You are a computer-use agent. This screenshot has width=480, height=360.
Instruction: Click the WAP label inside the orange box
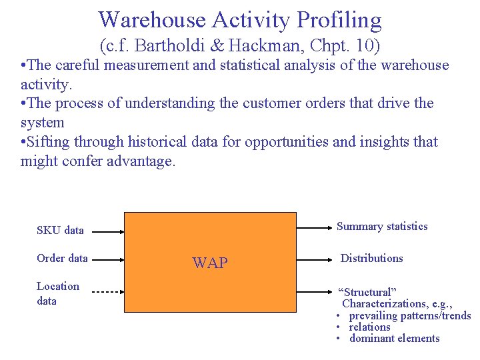[210, 263]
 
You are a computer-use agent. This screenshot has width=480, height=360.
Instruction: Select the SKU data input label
[60, 231]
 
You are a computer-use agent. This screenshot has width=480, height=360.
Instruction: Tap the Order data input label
[62, 259]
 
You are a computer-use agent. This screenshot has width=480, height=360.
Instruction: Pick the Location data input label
[57, 293]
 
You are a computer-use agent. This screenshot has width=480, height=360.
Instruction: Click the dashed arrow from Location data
[107, 292]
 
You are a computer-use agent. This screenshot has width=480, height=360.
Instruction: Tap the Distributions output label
[371, 259]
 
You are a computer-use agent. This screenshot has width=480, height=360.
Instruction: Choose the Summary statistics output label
[382, 227]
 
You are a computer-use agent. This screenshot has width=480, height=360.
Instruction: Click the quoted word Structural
[367, 293]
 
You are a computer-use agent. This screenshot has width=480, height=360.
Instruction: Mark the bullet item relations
[369, 327]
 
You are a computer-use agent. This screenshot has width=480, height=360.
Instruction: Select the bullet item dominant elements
[394, 338]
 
